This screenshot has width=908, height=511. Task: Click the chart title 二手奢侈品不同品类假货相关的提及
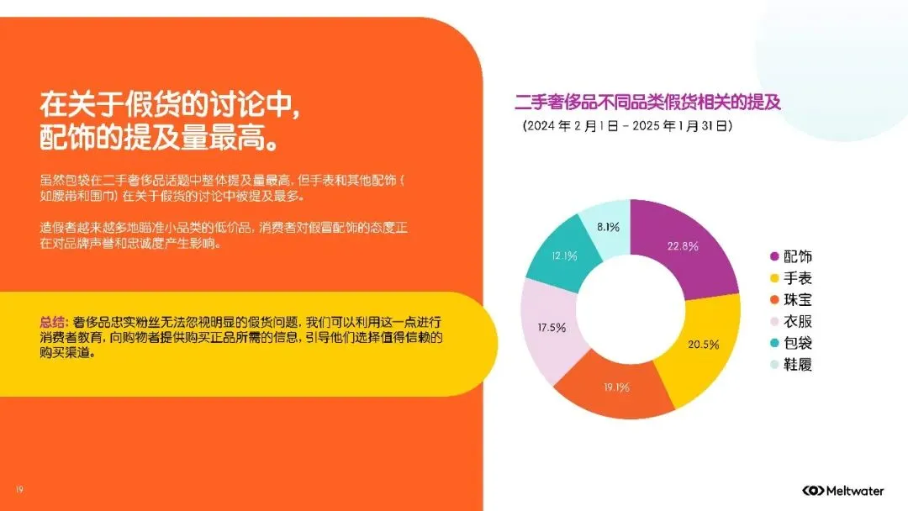click(x=647, y=103)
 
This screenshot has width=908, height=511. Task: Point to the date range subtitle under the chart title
click(x=627, y=126)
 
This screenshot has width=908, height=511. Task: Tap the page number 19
click(x=18, y=490)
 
